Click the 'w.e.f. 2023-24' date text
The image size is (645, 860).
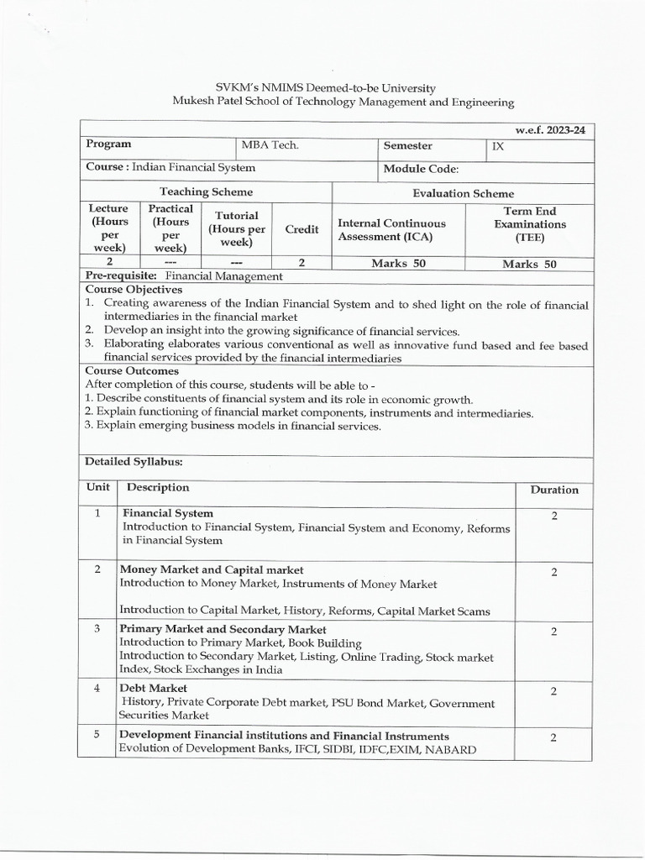click(551, 130)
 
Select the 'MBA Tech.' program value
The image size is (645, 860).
click(270, 145)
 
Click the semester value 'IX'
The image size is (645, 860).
click(500, 145)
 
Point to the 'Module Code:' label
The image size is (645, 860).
click(421, 169)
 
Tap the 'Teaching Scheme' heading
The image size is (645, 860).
click(206, 192)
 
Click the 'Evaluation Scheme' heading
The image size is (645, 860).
click(463, 193)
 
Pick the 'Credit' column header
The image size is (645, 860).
click(302, 229)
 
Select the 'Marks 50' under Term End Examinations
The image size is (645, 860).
click(529, 264)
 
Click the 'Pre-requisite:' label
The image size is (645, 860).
click(122, 276)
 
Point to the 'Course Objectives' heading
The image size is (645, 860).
click(134, 289)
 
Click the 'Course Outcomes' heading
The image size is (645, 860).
click(132, 370)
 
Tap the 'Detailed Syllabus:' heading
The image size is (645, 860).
click(134, 461)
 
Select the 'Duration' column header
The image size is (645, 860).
click(553, 490)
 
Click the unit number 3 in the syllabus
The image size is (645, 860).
click(97, 628)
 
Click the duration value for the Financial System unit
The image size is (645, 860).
click(554, 516)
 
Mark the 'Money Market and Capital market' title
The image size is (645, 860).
click(212, 570)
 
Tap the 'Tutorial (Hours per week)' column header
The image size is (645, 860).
click(237, 228)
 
